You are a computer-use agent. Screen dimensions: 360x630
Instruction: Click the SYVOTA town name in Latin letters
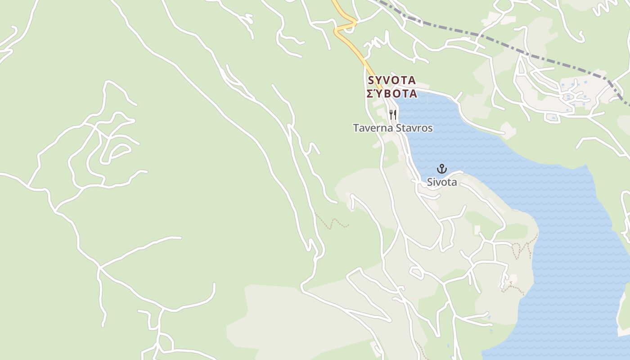(x=391, y=81)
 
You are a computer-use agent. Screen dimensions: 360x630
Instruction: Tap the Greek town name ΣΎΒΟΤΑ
(x=391, y=94)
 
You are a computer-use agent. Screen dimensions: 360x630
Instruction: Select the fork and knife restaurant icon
(x=393, y=114)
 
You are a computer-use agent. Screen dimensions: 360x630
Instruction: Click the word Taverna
(x=373, y=128)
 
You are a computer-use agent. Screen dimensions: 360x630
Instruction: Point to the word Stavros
(x=414, y=128)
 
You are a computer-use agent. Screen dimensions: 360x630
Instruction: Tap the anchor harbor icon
(x=442, y=169)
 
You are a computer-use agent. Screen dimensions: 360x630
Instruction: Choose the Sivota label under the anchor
(x=442, y=182)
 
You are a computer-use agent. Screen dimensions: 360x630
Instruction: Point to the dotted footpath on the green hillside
(x=333, y=222)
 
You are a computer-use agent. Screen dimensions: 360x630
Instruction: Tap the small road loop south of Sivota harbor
(x=416, y=271)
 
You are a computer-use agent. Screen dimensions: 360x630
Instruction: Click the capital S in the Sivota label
(x=430, y=182)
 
